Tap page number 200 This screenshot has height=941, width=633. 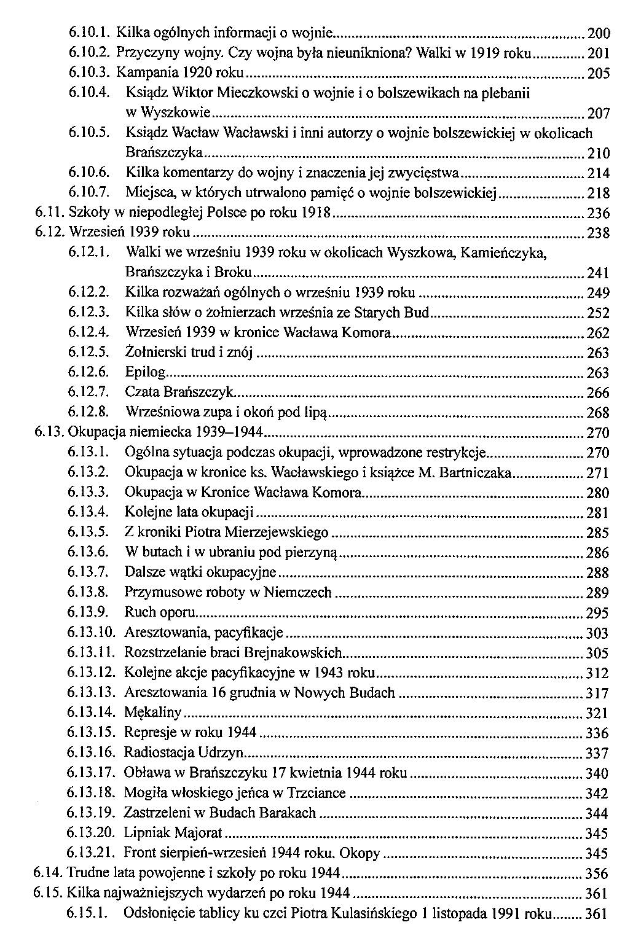pyautogui.click(x=598, y=34)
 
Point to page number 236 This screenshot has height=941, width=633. pyautogui.click(x=598, y=213)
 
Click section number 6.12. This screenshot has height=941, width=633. pyautogui.click(x=49, y=233)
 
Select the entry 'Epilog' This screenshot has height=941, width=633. pyautogui.click(x=146, y=373)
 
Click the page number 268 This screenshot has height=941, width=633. pyautogui.click(x=598, y=412)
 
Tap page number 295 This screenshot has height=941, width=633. pyautogui.click(x=598, y=613)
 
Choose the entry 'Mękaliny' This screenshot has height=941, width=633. pyautogui.click(x=153, y=713)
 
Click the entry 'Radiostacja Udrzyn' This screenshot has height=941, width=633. pyautogui.click(x=184, y=752)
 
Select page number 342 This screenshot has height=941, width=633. pyautogui.click(x=598, y=793)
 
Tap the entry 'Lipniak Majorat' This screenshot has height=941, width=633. pyautogui.click(x=173, y=833)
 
